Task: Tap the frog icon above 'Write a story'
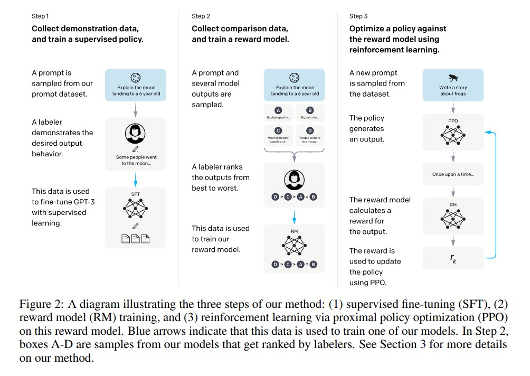(x=453, y=77)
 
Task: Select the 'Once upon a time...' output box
(x=453, y=174)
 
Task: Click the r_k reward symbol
(x=453, y=259)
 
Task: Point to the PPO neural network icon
(x=453, y=137)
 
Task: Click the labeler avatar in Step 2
(x=295, y=180)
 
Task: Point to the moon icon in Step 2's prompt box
(x=295, y=77)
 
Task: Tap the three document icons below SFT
(x=136, y=239)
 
